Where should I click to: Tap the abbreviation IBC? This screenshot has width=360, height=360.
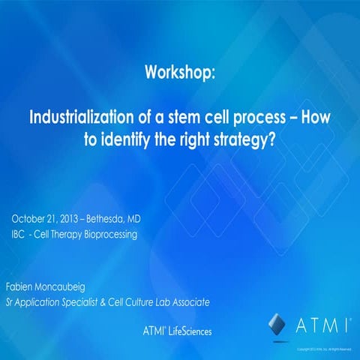click(20, 234)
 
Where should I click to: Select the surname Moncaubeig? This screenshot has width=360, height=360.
click(73, 287)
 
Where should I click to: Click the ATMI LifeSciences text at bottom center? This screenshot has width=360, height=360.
click(177, 331)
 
